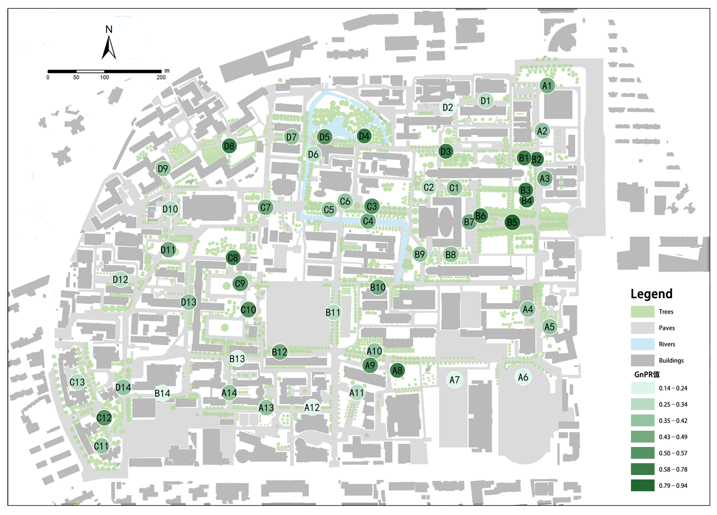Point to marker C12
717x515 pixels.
click(104, 418)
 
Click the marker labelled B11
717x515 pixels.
click(333, 313)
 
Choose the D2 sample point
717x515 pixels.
click(448, 108)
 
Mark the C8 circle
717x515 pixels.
click(233, 258)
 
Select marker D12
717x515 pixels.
click(120, 280)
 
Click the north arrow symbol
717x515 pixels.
click(109, 47)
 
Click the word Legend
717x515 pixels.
click(651, 294)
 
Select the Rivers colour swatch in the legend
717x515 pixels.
click(642, 344)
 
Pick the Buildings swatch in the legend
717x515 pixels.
click(642, 360)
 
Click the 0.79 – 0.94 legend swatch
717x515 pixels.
click(642, 485)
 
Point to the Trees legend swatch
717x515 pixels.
click(642, 312)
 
